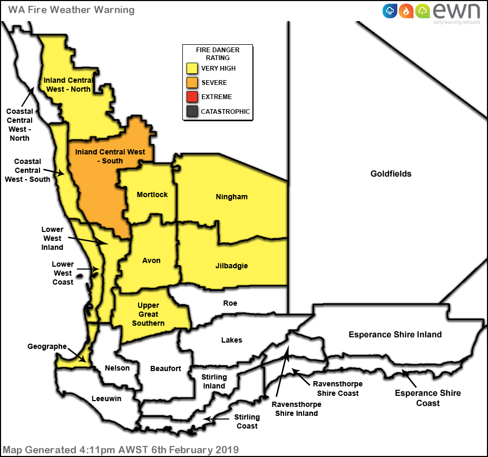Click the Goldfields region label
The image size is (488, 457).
[391, 173]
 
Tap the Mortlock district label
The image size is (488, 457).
[152, 195]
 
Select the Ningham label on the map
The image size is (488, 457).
[231, 197]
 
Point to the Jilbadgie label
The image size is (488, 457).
[231, 266]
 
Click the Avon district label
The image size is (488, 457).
[151, 260]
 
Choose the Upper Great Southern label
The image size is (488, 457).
[148, 314]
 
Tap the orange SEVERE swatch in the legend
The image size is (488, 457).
[192, 83]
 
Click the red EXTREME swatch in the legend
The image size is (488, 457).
[192, 97]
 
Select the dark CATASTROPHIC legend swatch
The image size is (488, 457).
[192, 111]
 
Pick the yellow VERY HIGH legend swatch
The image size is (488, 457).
[192, 69]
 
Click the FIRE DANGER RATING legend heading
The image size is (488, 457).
[217, 54]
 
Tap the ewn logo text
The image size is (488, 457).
[456, 11]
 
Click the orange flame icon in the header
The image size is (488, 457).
[406, 11]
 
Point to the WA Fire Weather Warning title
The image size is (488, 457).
[71, 9]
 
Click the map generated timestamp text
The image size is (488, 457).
[121, 450]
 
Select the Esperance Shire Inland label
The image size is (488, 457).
[395, 334]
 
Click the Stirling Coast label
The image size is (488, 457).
[247, 421]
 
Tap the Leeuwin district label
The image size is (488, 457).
[106, 398]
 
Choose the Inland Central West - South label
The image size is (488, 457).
[110, 156]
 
